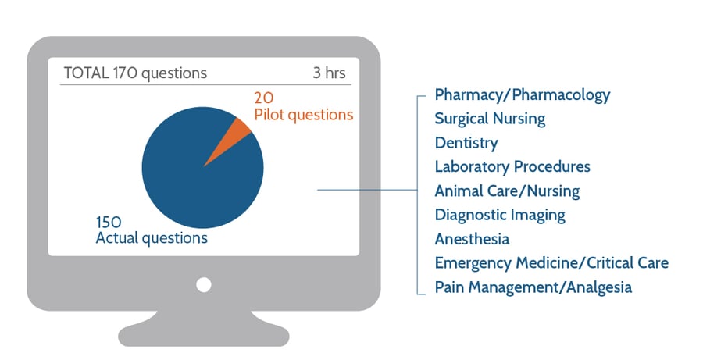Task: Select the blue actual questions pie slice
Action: click(x=195, y=176)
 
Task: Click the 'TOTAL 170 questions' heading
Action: click(x=135, y=73)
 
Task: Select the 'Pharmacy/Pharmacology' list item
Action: click(x=522, y=95)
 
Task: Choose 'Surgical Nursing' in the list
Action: click(x=490, y=119)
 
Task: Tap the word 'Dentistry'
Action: click(x=466, y=143)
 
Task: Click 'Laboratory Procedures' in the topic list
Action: click(x=512, y=166)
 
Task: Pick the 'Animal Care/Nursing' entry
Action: click(x=507, y=191)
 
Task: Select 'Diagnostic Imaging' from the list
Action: click(x=500, y=215)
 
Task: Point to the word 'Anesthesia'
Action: click(x=472, y=239)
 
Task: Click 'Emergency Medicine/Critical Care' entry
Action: click(x=551, y=263)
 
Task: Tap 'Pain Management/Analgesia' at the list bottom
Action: click(x=533, y=287)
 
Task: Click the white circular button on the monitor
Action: click(x=204, y=284)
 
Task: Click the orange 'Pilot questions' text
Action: click(x=303, y=115)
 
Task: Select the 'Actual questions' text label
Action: click(x=152, y=238)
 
